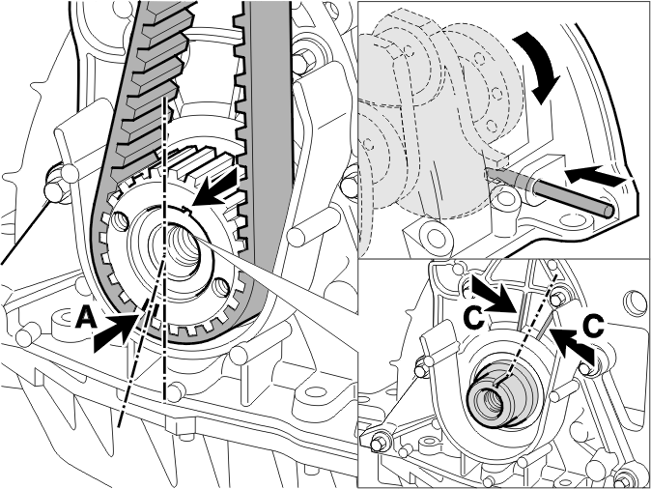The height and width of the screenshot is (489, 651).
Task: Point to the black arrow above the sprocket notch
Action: (x=216, y=186)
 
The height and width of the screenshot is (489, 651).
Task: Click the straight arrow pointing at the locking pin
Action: (x=596, y=175)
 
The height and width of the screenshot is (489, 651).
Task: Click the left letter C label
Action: (x=474, y=317)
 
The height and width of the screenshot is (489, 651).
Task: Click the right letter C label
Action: (x=594, y=325)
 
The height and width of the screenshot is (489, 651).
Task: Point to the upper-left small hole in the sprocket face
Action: (x=119, y=220)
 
